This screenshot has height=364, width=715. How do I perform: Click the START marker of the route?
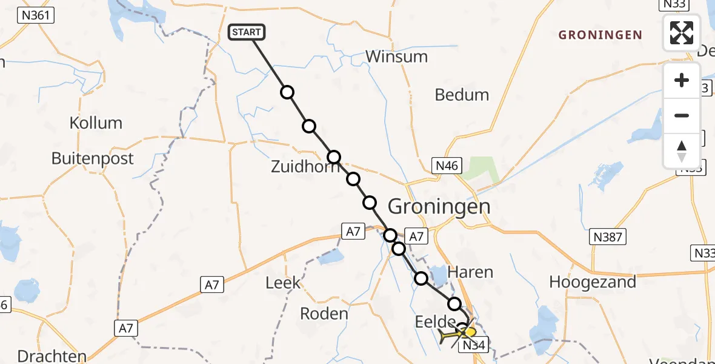247,32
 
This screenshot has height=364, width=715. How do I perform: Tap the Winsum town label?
397,56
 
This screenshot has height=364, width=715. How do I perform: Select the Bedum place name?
462,95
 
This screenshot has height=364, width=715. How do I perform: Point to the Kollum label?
96,123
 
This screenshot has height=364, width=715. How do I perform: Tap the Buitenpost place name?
93,158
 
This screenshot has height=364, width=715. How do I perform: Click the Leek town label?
283,282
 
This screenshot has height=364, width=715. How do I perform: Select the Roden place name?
325,314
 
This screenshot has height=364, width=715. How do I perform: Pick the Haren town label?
470,272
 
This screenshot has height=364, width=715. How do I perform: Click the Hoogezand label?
593,282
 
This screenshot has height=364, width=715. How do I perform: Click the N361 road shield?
36,15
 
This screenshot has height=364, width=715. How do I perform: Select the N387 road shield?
608,237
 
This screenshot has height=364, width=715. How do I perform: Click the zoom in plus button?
682,80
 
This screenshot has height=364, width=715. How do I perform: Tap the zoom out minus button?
682,115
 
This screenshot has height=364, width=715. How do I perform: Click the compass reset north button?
682,150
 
